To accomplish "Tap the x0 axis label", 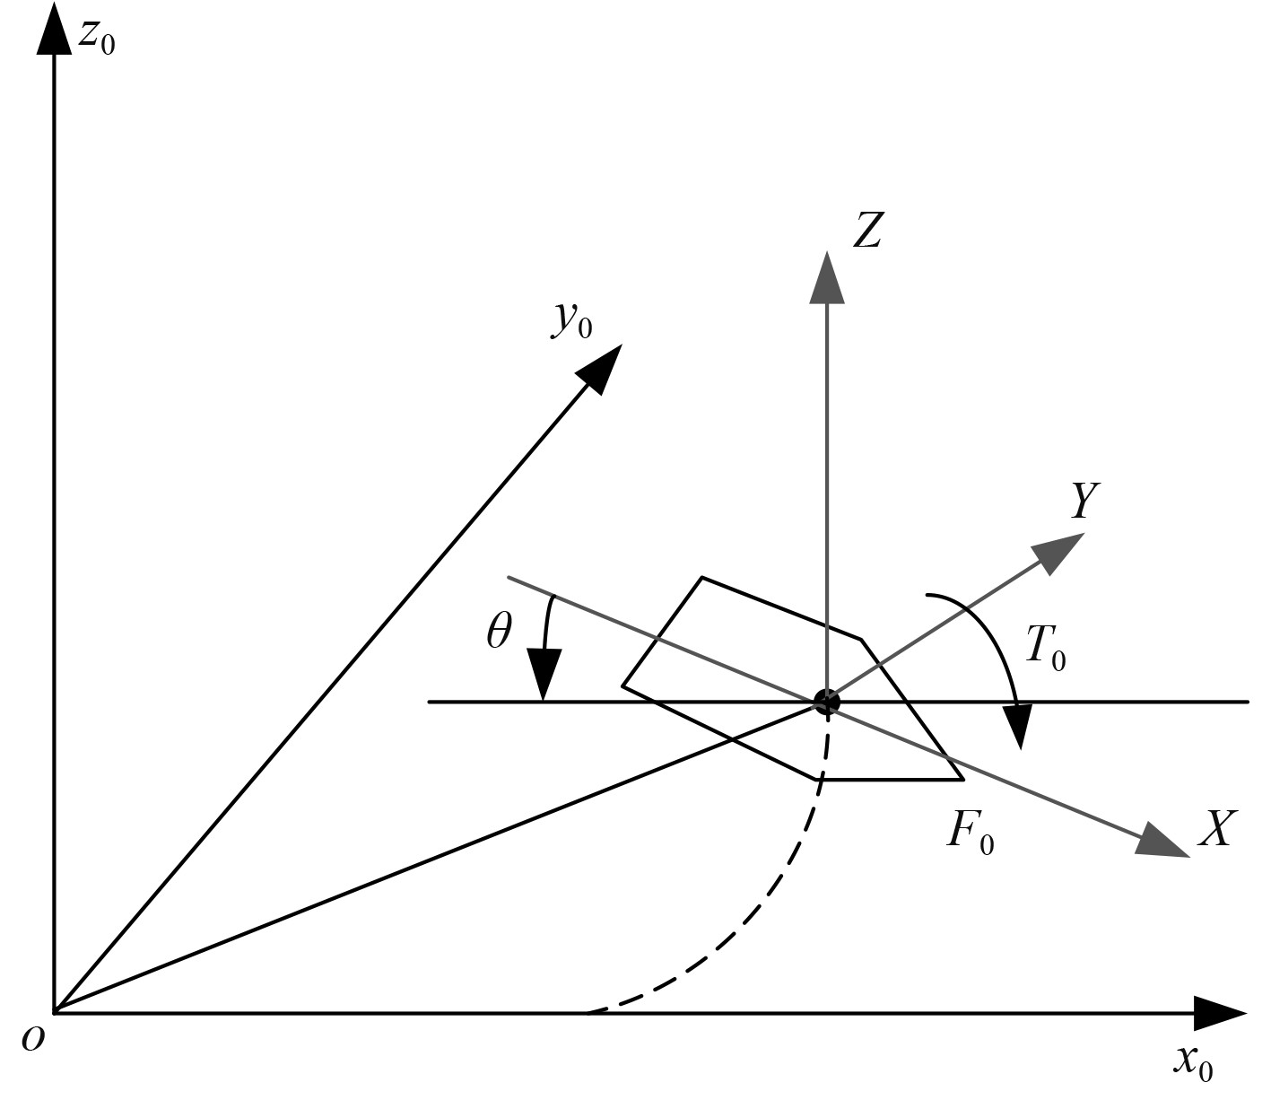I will click(1194, 1061).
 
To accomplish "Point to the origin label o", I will click(33, 1038).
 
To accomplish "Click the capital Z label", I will click(866, 231).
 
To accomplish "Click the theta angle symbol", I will click(499, 633).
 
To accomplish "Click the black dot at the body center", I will click(826, 702).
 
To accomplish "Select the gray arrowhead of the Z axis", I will click(826, 278).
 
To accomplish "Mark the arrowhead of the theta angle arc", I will click(544, 677).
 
